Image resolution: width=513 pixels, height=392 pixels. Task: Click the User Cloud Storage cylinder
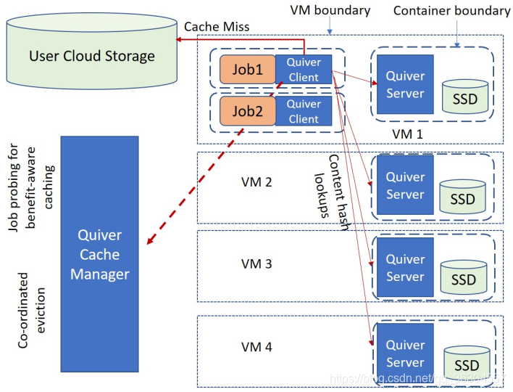point(91,55)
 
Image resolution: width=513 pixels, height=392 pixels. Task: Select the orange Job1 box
point(247,70)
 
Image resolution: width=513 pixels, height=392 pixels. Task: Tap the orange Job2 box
point(247,111)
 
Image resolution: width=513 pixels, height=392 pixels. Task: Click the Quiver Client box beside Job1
point(304,69)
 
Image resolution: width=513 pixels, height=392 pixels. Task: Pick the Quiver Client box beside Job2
point(304,111)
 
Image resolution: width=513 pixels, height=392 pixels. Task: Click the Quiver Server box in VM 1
point(405,83)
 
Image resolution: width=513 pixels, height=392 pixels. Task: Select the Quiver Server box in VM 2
point(405,185)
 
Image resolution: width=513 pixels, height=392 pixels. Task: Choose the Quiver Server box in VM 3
point(405,267)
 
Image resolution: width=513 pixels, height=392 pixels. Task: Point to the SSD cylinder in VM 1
point(464,97)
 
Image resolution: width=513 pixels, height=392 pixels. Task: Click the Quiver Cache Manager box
point(100,254)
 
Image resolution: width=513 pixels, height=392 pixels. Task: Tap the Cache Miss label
point(217,26)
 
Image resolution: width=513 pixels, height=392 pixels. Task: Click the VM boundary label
point(330,10)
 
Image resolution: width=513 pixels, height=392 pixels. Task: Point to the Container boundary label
point(451,10)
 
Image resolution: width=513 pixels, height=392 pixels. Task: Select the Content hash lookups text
point(329,187)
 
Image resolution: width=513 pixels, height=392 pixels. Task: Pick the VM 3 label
point(256,264)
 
